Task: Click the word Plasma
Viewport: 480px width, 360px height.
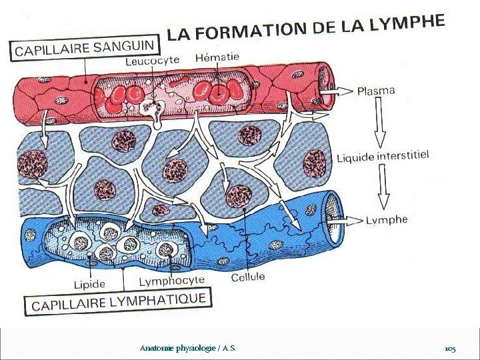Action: pos(376,91)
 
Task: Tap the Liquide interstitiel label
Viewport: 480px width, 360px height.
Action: pos(382,156)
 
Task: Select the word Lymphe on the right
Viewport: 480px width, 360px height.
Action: pos(387,220)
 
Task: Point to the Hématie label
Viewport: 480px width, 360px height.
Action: pos(217,57)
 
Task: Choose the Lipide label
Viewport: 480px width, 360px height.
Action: pos(89,284)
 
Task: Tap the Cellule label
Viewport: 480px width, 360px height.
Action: pos(248,276)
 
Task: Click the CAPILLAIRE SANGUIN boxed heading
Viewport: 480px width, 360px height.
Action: pos(86,49)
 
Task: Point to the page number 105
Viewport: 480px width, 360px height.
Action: pos(450,349)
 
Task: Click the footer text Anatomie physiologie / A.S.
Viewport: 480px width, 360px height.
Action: pos(187,349)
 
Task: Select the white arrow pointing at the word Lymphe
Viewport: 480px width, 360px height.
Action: pos(348,219)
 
